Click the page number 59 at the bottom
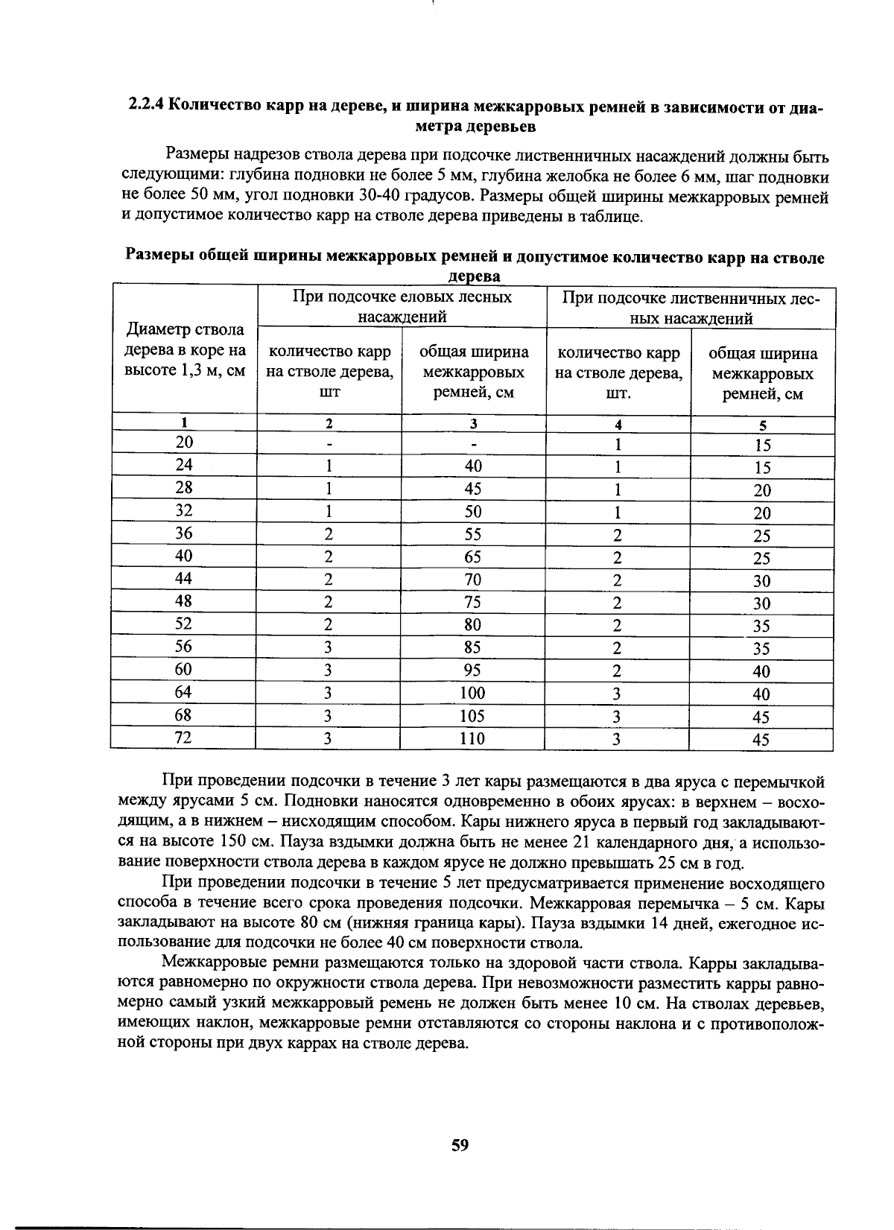(460, 1145)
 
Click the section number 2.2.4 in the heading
(145, 106)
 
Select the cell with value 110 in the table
(472, 738)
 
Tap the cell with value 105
(472, 716)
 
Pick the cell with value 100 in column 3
(472, 693)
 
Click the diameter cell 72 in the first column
(183, 738)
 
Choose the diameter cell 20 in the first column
(184, 442)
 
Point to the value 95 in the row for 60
(472, 670)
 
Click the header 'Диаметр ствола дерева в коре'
(184, 350)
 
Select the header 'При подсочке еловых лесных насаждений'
(402, 306)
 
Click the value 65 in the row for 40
(472, 557)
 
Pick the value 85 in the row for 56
(472, 647)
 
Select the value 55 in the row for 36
(472, 534)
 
